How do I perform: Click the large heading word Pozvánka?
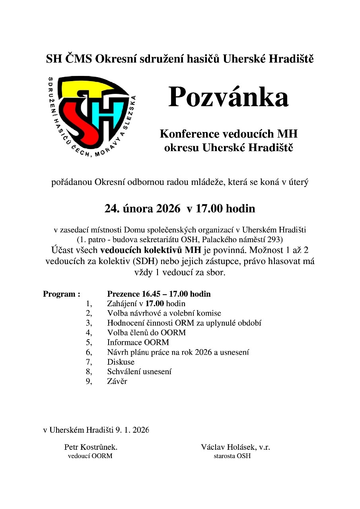tap(228, 98)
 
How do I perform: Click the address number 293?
tap(276, 240)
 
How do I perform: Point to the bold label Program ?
tap(62, 294)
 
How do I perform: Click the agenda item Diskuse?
tap(121, 362)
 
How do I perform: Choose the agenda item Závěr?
tap(117, 381)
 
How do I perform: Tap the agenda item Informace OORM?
tap(138, 342)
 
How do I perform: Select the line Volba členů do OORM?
tap(146, 332)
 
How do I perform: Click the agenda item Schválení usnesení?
tap(139, 372)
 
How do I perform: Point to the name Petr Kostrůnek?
tap(90, 447)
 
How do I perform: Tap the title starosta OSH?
tap(232, 456)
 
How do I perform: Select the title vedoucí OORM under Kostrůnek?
tap(90, 456)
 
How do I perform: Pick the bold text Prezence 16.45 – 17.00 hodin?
tap(159, 294)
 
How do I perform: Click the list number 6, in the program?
tap(89, 352)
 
